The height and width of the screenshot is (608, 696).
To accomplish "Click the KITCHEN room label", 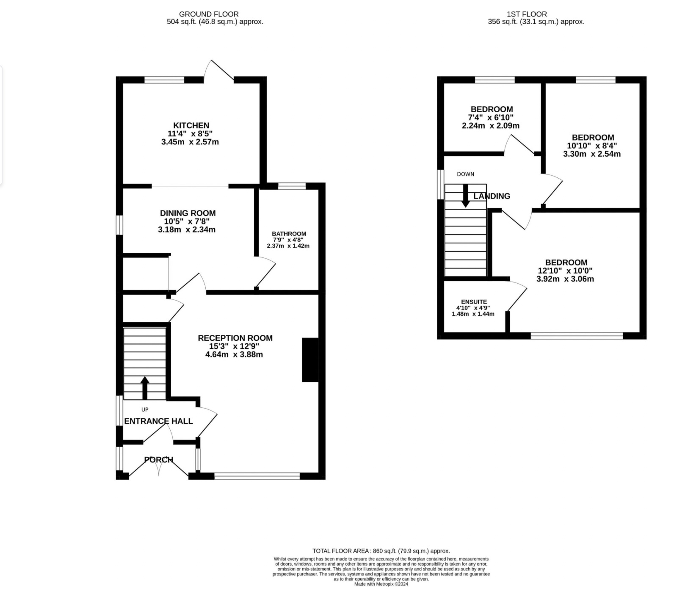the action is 191,125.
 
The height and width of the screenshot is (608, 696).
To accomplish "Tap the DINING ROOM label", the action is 188,213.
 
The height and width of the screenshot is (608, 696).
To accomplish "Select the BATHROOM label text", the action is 289,234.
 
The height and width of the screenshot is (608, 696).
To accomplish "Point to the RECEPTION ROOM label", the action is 235,338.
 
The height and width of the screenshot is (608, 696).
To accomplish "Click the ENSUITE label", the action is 474,302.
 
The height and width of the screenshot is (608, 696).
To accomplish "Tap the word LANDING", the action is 492,196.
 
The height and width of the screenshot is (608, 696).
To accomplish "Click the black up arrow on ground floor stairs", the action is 145,388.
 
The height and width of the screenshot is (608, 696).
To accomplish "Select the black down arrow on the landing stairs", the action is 465,196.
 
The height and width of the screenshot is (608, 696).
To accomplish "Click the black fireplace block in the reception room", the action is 310,360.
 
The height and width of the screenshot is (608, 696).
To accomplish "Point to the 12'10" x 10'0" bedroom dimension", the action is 565,271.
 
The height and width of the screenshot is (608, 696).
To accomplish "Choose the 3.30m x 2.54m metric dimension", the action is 592,154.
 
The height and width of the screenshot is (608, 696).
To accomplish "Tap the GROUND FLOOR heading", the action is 209,14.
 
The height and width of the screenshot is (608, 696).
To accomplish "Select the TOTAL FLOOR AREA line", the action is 381,551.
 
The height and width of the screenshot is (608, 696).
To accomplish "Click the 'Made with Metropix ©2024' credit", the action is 381,584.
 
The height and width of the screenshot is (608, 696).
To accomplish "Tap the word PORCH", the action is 159,460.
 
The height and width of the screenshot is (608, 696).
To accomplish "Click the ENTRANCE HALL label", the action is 158,421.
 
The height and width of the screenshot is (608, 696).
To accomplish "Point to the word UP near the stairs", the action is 145,409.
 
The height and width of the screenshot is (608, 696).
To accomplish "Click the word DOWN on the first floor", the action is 465,174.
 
